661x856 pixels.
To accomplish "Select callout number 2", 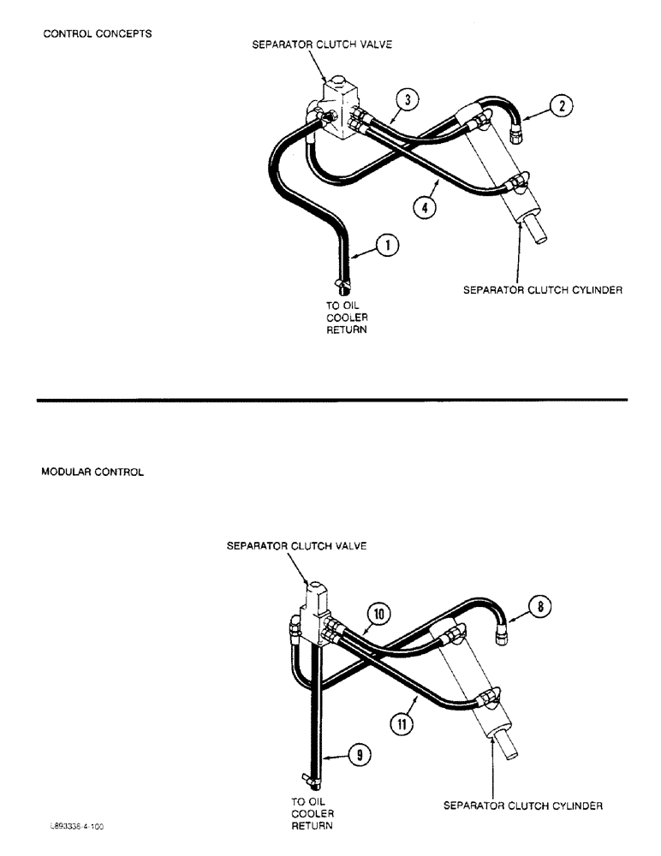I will [x=560, y=107].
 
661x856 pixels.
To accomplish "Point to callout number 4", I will [x=420, y=205].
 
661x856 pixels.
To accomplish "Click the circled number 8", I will [x=540, y=608].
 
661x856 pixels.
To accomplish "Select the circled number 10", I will [x=379, y=613].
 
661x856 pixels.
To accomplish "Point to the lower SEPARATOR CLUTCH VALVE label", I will [x=297, y=545].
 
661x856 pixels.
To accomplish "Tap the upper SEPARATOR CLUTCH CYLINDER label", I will [x=542, y=290].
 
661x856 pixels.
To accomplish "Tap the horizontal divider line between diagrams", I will [x=330, y=400].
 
